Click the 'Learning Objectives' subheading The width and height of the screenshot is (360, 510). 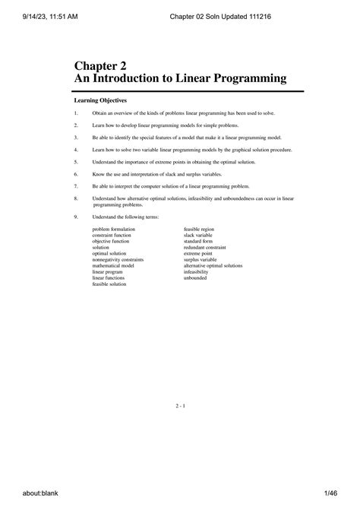click(x=99, y=100)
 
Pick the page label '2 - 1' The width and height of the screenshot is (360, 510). click(x=180, y=407)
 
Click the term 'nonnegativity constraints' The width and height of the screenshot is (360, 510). click(x=118, y=260)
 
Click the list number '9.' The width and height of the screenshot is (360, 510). click(x=76, y=217)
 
